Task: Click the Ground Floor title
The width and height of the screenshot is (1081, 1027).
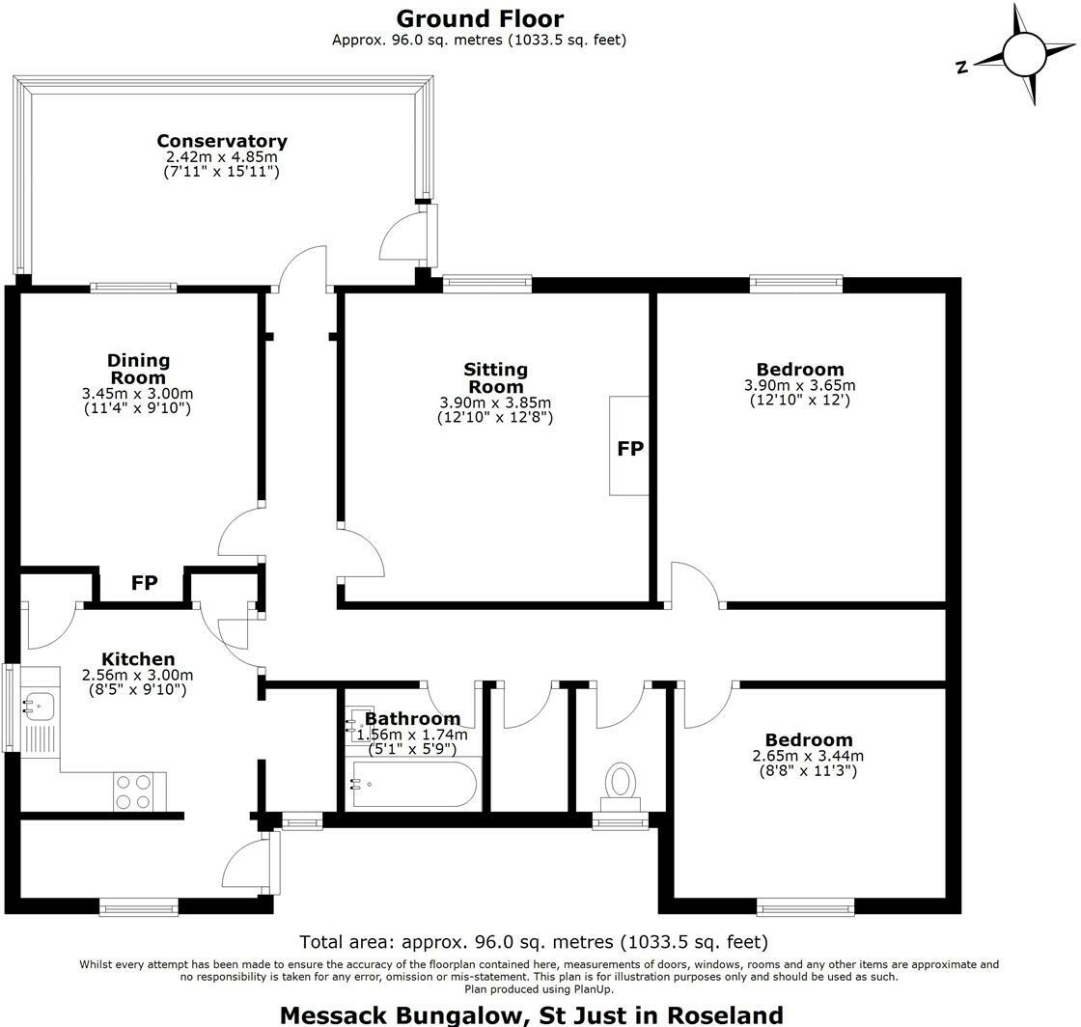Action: point(480,18)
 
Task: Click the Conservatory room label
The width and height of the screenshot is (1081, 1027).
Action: point(222,141)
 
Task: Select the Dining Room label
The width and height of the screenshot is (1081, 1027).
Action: point(138,369)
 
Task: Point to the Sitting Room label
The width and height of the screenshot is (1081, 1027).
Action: point(495,377)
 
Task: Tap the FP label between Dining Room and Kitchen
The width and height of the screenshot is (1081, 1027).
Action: point(144,584)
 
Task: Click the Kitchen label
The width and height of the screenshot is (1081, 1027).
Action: point(138,659)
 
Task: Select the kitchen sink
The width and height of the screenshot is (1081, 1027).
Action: point(40,706)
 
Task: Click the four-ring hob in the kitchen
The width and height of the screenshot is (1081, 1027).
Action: point(133,791)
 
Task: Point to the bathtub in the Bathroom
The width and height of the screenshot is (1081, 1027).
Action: point(414,786)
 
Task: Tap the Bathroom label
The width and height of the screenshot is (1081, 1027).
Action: point(412,719)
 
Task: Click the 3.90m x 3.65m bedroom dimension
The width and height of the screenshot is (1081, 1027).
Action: point(799,385)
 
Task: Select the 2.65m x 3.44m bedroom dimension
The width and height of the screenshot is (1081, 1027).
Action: point(808,756)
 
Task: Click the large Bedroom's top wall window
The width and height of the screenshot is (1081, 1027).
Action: point(796,284)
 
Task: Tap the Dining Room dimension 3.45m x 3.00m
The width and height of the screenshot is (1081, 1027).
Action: point(138,394)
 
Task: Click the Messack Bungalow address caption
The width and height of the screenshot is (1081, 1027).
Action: point(531,1014)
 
